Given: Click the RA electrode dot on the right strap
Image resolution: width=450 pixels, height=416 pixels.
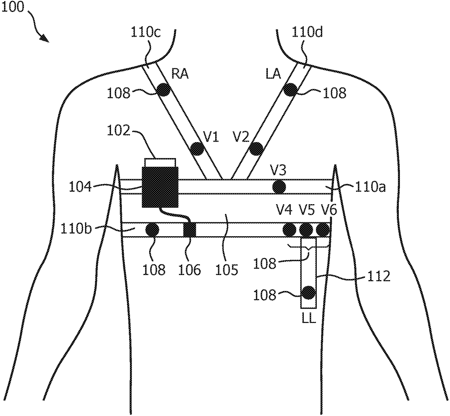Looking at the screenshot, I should [x=163, y=89].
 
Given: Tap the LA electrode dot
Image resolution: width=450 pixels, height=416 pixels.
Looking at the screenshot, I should [x=290, y=89].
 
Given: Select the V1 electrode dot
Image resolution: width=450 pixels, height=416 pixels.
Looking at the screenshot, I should [x=197, y=148].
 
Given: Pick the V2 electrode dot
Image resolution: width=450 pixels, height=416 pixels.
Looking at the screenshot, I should [x=256, y=148].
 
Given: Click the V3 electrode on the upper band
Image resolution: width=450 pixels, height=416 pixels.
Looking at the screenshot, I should [x=279, y=187].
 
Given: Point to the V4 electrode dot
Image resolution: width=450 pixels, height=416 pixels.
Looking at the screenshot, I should [x=289, y=229].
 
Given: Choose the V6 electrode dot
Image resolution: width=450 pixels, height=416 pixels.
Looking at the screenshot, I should [x=323, y=229].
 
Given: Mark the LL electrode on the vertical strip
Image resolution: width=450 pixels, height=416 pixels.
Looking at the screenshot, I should [x=308, y=292].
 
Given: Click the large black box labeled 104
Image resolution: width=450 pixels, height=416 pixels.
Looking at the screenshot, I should [x=160, y=187].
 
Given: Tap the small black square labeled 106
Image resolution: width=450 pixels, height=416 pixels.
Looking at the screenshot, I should [x=189, y=229].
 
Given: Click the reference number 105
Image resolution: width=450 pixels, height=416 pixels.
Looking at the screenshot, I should [x=227, y=270].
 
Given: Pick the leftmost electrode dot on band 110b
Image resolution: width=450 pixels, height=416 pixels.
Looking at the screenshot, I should [x=152, y=229].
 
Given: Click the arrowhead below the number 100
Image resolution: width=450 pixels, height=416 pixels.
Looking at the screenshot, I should [x=45, y=38].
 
